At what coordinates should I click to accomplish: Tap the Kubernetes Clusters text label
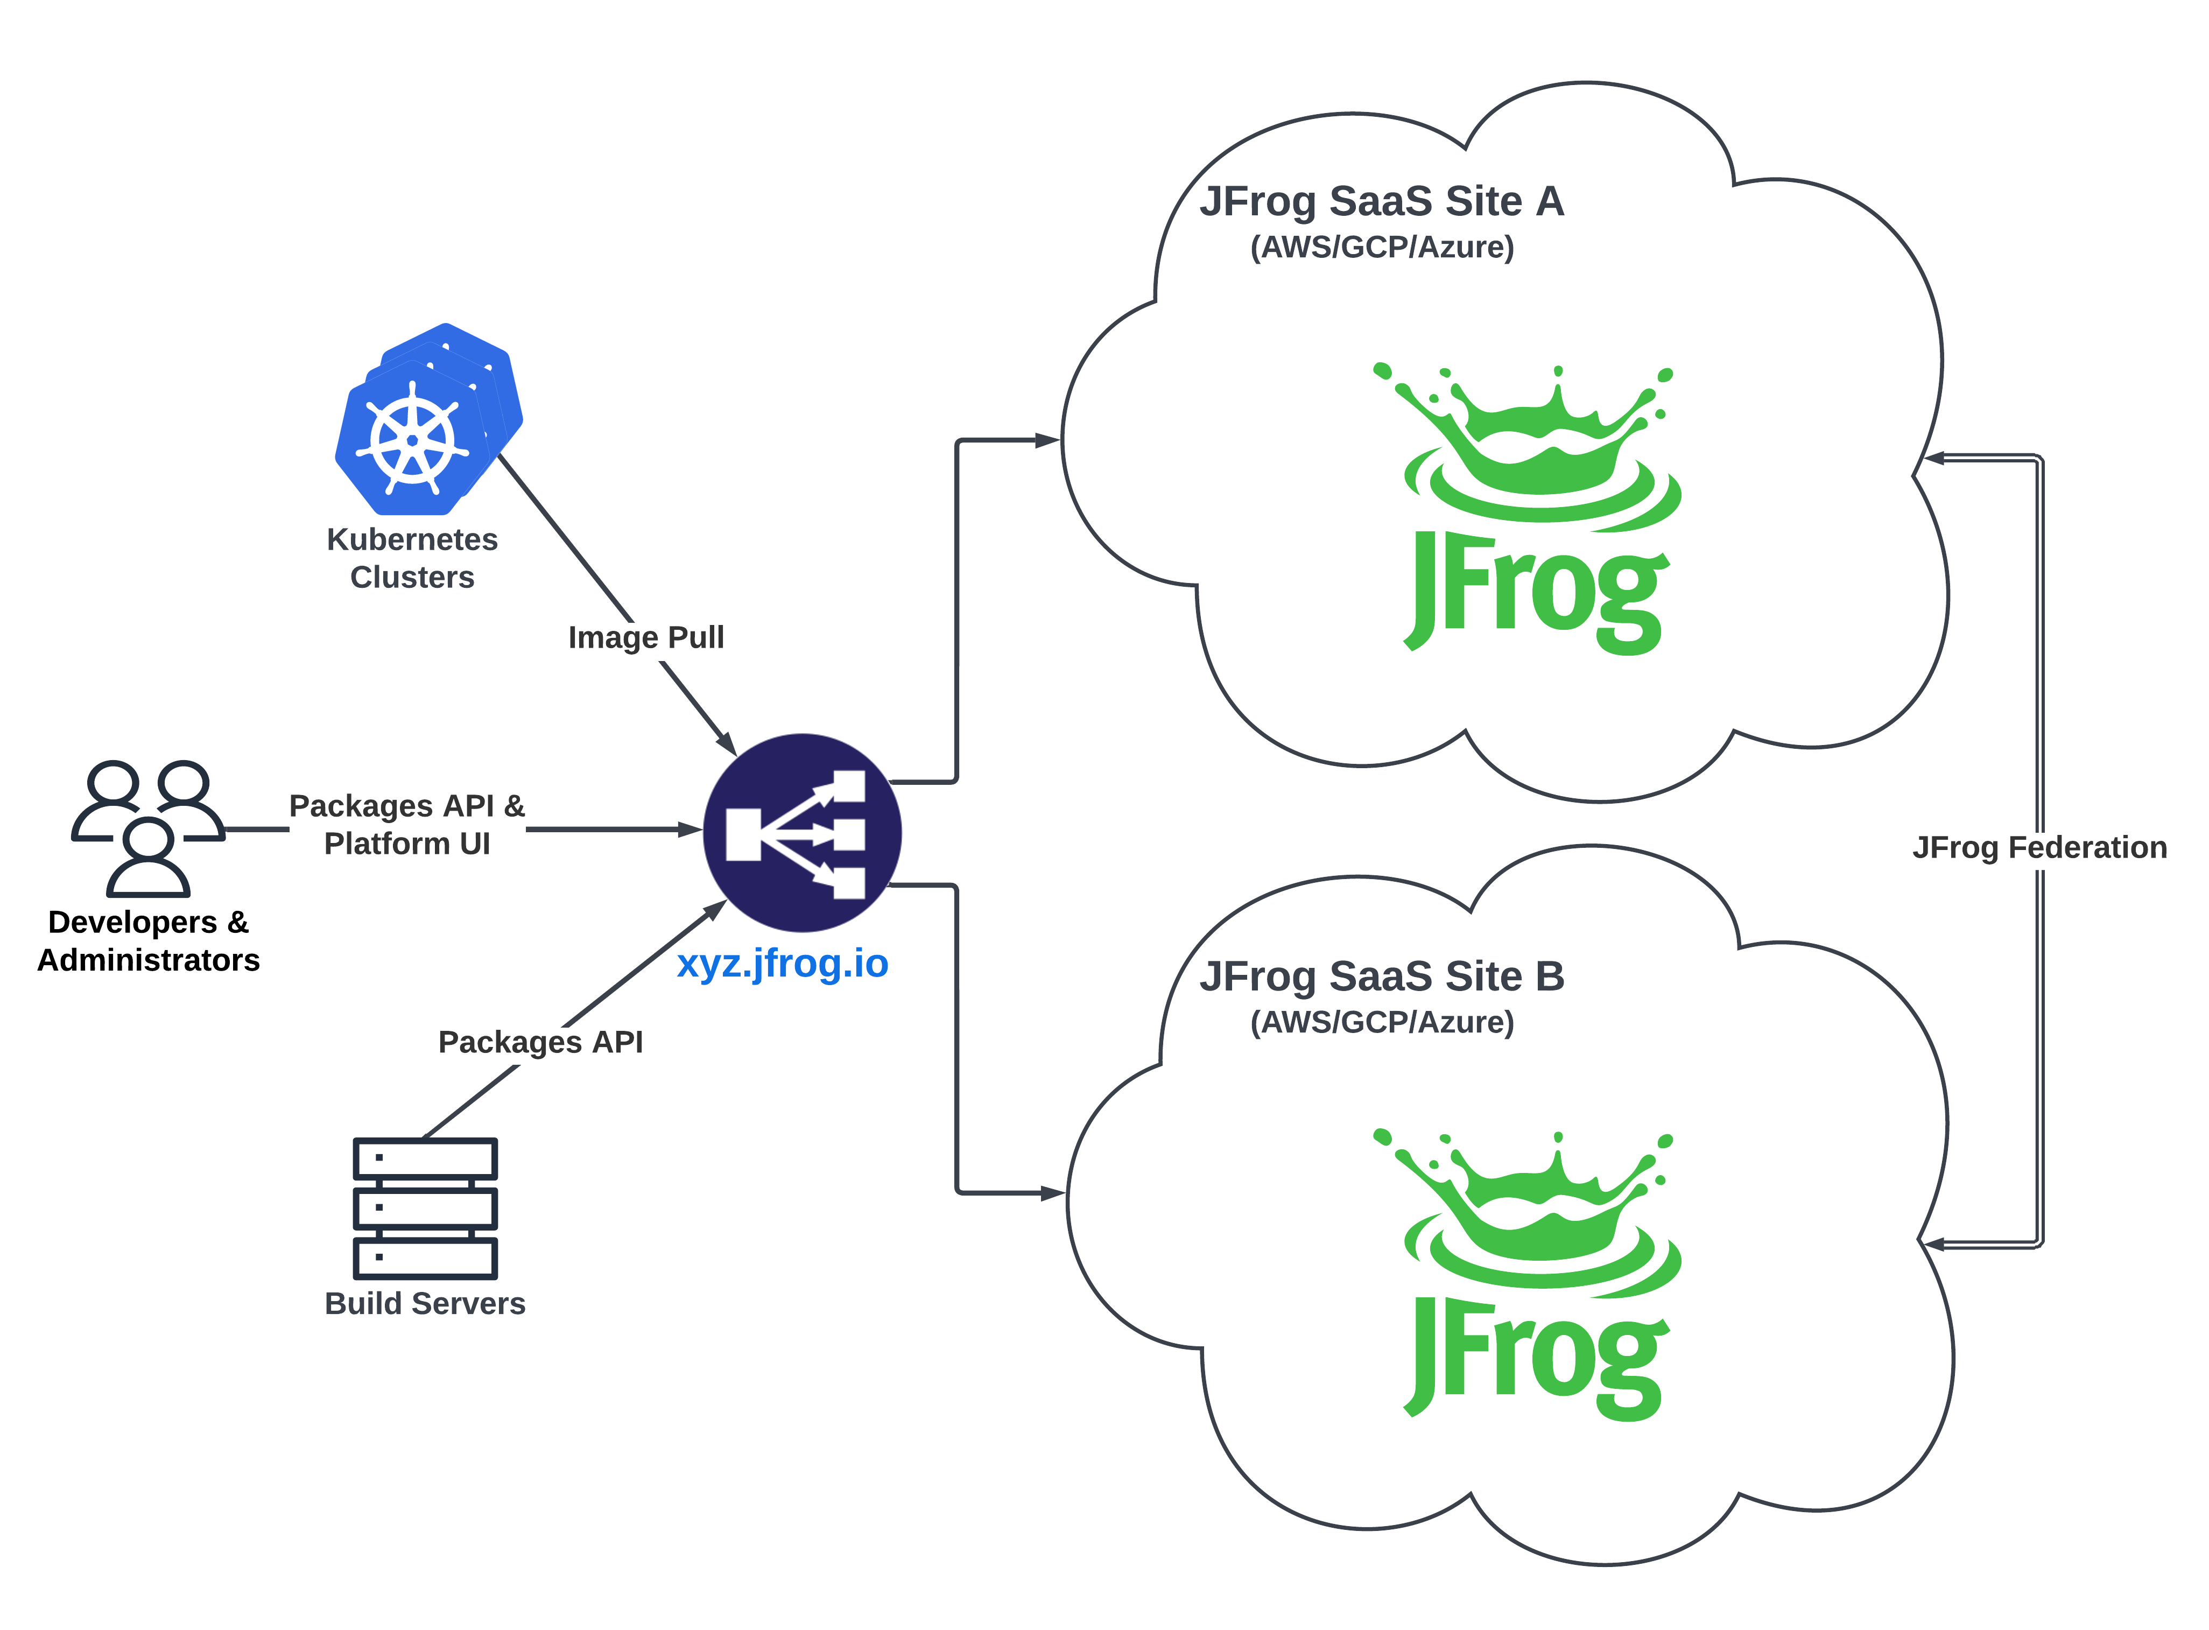[412, 558]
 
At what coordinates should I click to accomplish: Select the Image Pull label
[646, 637]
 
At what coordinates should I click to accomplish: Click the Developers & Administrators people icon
[148, 827]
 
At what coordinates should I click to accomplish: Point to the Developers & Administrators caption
[148, 940]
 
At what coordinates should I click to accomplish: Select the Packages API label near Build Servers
[540, 1042]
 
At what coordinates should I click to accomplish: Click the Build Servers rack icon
[425, 1208]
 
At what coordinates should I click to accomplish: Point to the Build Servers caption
[425, 1303]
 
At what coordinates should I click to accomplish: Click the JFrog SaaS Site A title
[1381, 201]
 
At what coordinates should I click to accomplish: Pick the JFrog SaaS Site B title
[1381, 977]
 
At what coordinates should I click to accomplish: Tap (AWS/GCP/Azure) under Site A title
[1381, 247]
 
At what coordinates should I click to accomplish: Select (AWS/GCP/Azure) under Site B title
[1381, 1022]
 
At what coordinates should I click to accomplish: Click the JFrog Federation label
[2039, 847]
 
